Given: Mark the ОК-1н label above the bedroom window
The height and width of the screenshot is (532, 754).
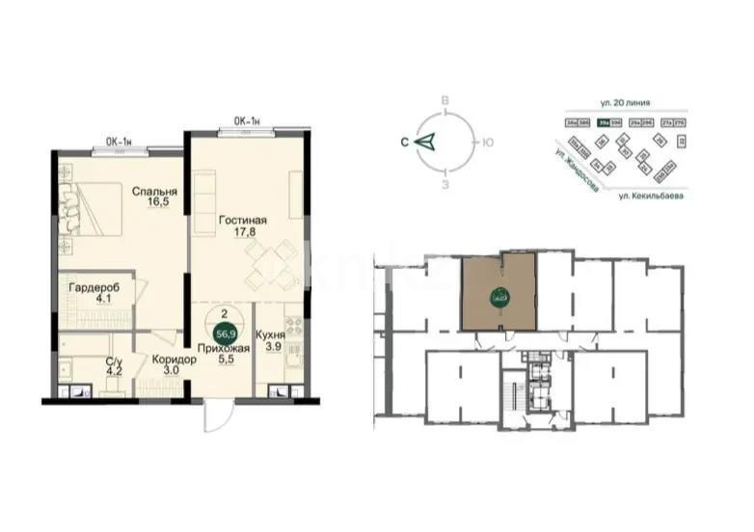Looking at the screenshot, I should [119, 142].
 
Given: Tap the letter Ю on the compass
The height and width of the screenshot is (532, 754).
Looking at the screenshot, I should [489, 142].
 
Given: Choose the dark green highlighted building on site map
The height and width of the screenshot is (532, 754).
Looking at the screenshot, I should [607, 123].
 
